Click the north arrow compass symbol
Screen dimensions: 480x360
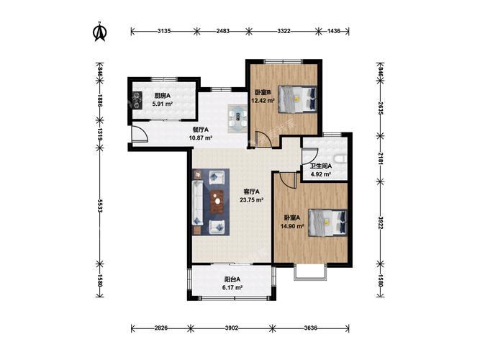100,32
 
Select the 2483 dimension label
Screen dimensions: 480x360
223,31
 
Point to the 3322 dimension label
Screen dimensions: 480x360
284,31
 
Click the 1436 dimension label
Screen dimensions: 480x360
334,31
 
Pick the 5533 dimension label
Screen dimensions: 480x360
100,206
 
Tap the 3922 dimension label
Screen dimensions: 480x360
381,222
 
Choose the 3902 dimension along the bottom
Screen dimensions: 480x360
232,328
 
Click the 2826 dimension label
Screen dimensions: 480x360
161,328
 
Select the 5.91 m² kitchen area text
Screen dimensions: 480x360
163,104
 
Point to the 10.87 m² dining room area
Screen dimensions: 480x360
201,138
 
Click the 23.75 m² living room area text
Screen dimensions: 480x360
252,200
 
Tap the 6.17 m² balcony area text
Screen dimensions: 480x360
232,288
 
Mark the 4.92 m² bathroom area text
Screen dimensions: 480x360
320,174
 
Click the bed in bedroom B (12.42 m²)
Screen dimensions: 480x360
297,99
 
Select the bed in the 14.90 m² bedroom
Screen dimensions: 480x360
327,222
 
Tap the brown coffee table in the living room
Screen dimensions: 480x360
217,202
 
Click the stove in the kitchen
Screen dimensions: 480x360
137,101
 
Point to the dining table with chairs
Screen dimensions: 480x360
237,119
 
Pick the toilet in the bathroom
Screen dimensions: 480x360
340,159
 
